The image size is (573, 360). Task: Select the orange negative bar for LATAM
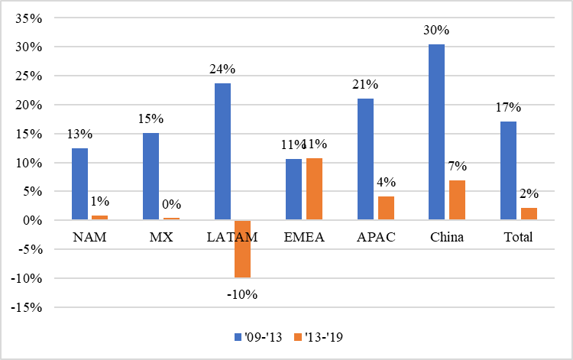[x=242, y=248]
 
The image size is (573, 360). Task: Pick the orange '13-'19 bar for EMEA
[x=314, y=190]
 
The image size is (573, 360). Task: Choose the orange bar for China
[x=457, y=200]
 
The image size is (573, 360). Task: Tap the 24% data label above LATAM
[x=222, y=69]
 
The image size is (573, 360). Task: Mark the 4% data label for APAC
[x=386, y=183]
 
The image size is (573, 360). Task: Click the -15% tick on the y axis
[x=24, y=308]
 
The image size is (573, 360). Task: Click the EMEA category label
[x=304, y=237]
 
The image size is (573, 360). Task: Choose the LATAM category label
[x=231, y=237]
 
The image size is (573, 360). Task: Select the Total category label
[x=518, y=237]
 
